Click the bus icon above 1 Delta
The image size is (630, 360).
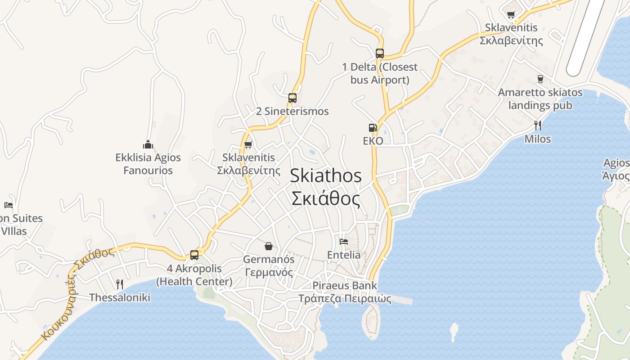379,54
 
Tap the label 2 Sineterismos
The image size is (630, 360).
292,111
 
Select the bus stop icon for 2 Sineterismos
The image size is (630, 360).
292,98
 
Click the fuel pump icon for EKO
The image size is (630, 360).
373,128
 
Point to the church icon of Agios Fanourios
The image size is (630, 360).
148,144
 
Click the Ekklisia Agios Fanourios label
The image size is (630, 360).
148,164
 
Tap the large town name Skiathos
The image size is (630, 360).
325,175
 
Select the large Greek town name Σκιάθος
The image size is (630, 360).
325,198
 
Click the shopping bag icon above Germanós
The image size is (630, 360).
269,246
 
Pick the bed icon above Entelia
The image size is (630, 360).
344,241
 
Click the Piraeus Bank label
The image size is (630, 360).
345,285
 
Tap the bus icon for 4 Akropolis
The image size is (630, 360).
194,255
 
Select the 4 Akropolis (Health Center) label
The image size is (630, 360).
194,275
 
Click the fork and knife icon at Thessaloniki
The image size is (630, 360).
119,284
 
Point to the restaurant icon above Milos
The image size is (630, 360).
537,125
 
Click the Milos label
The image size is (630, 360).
537,139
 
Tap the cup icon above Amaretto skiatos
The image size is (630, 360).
540,79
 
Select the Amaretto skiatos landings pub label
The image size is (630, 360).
540,99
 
